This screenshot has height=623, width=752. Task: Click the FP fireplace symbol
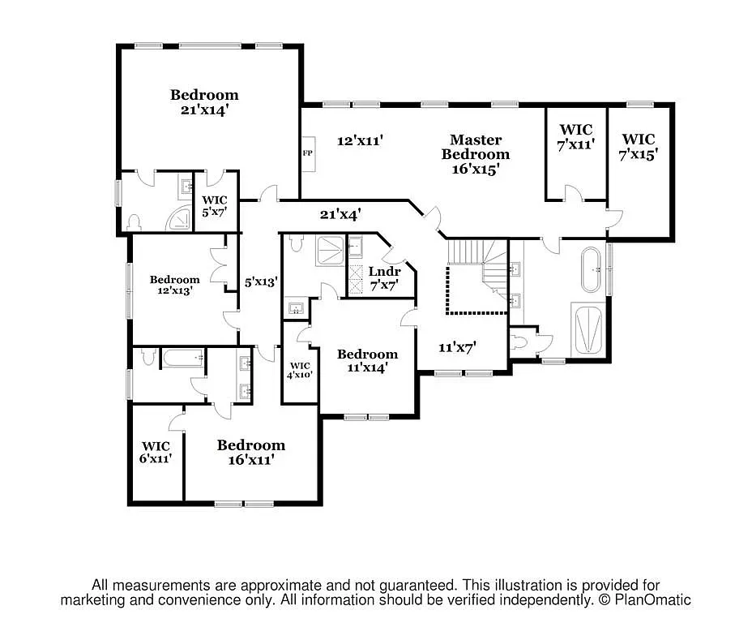click(x=307, y=153)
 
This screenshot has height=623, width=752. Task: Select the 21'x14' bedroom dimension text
click(x=204, y=110)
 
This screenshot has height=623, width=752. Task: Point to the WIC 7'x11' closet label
click(x=575, y=136)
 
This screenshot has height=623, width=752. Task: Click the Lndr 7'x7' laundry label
click(x=384, y=278)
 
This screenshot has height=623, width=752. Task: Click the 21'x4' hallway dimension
click(x=340, y=214)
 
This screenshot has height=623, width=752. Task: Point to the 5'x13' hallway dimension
click(x=262, y=282)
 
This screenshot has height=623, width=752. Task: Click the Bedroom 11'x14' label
click(x=367, y=360)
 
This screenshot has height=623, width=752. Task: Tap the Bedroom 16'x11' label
click(x=250, y=452)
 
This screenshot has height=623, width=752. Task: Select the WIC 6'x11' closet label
click(x=156, y=452)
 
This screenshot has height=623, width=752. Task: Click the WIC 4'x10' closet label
click(x=299, y=370)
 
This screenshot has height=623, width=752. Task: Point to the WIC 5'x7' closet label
click(x=215, y=205)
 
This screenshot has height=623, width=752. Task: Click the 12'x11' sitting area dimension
click(x=359, y=140)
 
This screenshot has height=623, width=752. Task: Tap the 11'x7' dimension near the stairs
click(x=456, y=346)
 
